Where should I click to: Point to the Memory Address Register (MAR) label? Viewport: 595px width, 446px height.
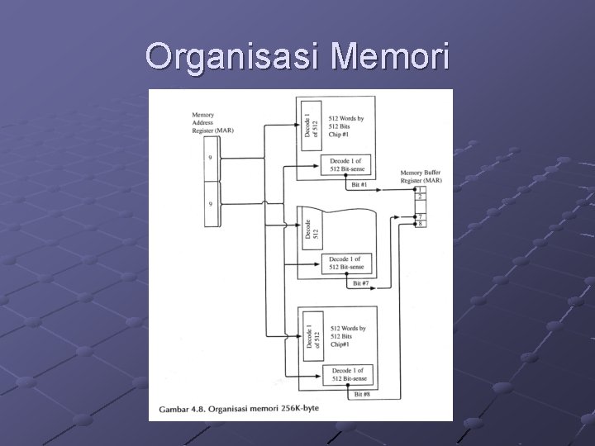point(212,122)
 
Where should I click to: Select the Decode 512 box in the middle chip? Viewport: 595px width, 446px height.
point(310,228)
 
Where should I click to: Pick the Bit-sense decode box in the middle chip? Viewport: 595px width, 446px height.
point(345,263)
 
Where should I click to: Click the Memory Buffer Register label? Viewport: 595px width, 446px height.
point(420,176)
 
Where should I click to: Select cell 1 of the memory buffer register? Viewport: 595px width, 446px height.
point(421,189)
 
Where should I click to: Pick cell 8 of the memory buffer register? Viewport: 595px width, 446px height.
point(421,224)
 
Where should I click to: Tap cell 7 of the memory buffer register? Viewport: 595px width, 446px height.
point(421,216)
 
